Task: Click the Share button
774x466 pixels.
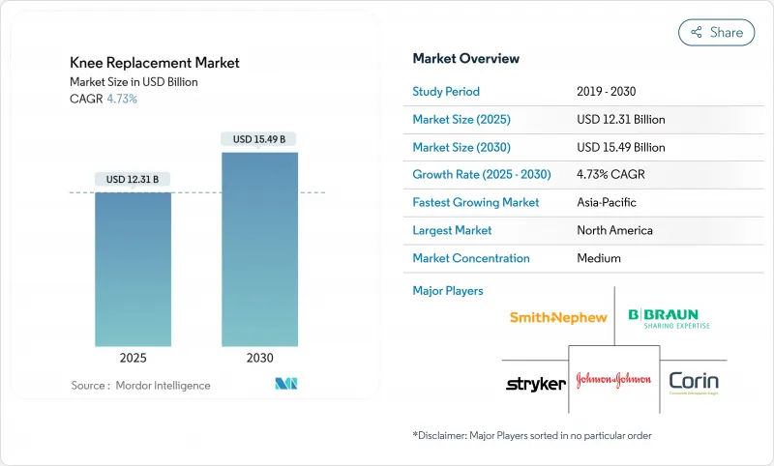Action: tap(717, 32)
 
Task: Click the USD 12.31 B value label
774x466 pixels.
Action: tap(133, 179)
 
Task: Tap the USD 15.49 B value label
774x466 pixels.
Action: tap(259, 139)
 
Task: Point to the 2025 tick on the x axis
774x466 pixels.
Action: tap(133, 357)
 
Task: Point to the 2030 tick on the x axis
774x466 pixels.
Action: tap(259, 357)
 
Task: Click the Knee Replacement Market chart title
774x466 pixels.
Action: tap(155, 63)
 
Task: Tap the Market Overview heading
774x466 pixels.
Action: tap(465, 59)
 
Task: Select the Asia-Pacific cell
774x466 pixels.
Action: tap(607, 203)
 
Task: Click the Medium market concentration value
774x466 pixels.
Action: tap(598, 258)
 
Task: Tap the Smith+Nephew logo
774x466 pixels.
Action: tap(558, 317)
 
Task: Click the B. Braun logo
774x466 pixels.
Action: tap(669, 318)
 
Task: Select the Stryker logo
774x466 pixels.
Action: tap(535, 384)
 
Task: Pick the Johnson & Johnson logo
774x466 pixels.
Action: tap(613, 380)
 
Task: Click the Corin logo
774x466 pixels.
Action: tap(694, 382)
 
